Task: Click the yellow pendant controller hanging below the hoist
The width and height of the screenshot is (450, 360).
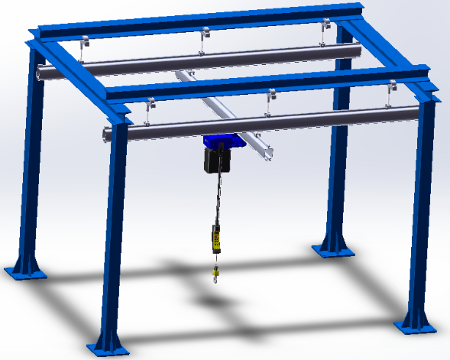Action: tap(216, 238)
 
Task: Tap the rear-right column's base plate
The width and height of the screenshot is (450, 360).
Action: tap(334, 250)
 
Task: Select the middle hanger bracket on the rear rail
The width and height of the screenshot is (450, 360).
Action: tap(204, 39)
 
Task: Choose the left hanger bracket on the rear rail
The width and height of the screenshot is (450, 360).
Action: tap(83, 47)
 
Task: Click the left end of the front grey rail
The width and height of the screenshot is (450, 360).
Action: tap(106, 136)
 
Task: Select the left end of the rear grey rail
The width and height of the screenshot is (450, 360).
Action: tap(40, 73)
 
